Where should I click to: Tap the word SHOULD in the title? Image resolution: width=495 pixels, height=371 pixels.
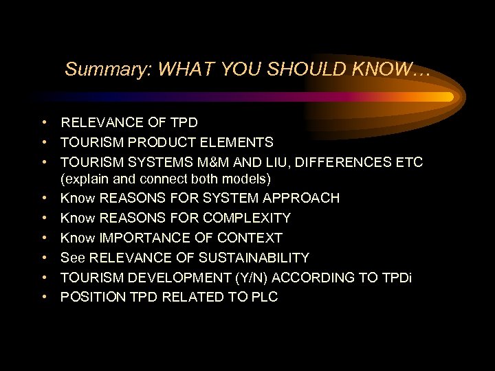coord(296,69)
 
